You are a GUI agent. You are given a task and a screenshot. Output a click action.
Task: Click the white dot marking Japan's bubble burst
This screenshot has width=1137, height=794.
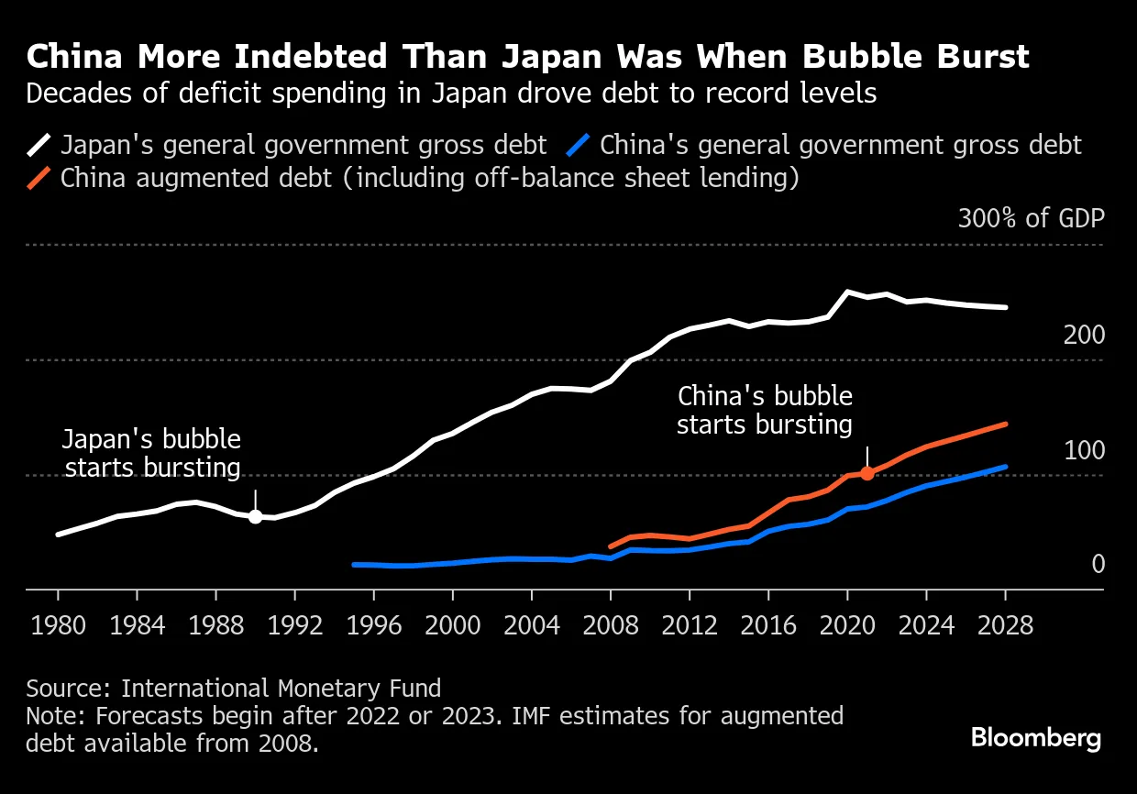coord(255,517)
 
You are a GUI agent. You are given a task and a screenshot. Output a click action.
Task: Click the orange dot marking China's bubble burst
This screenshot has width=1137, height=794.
coord(867,473)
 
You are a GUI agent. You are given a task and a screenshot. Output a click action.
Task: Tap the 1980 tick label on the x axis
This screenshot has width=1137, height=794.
coord(57,627)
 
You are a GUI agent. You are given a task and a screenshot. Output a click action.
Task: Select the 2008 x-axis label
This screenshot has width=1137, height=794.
coord(611,627)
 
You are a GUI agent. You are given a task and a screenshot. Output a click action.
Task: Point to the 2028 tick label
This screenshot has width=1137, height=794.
coord(1006,627)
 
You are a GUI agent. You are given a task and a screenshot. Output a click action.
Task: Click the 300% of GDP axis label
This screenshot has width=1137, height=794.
coord(1031,219)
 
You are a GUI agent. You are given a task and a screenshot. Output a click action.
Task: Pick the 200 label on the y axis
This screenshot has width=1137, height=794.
coord(1084,336)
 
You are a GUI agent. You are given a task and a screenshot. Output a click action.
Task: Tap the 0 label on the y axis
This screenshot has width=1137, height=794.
coord(1098,565)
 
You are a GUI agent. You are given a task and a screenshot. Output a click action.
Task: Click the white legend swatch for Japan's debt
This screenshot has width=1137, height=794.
coord(40,145)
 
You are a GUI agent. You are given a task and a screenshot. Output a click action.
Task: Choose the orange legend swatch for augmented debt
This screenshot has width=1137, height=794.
coord(40,178)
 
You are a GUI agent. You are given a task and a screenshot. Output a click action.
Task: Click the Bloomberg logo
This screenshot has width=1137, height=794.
coord(1036,738)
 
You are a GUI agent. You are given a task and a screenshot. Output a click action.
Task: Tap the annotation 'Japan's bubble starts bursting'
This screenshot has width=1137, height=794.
coord(152,454)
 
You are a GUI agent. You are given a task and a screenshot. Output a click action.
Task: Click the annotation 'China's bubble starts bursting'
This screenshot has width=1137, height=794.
coord(765,411)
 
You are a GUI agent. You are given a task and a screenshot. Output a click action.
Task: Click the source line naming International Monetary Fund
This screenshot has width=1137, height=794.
coord(234,689)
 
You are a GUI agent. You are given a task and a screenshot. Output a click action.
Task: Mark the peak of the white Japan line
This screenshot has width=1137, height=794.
coord(847,292)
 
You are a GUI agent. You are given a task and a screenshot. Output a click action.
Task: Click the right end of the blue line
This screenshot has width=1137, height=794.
coord(1006,467)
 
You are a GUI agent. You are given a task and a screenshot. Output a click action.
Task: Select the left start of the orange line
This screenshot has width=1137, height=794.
coord(611,546)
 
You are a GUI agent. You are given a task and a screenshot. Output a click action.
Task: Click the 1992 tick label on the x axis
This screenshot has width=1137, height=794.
coord(294,627)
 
